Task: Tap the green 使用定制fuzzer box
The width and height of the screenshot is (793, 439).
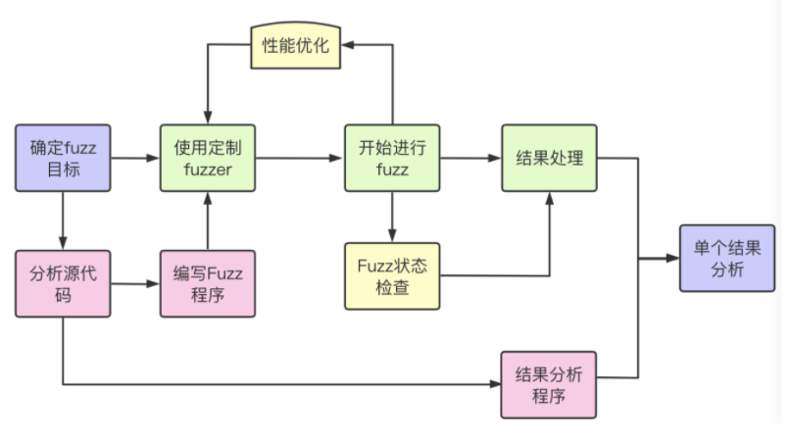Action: [x=208, y=158]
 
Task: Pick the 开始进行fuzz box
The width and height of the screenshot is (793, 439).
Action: [x=392, y=158]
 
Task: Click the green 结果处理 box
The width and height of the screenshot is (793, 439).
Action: [x=549, y=158]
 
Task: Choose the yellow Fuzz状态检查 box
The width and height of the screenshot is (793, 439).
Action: [x=392, y=276]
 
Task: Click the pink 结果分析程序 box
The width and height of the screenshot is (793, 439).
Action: [x=549, y=384]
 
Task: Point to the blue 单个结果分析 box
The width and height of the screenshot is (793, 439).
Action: [x=727, y=258]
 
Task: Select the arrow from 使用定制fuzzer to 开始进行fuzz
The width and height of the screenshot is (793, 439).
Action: [x=300, y=158]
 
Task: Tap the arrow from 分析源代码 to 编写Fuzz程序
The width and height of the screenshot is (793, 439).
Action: [x=135, y=284]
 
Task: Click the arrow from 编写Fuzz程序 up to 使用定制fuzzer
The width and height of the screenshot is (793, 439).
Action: [x=208, y=220]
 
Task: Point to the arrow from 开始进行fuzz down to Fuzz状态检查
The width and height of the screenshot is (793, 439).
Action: [x=392, y=217]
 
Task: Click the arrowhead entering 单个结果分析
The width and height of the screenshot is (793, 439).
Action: [x=672, y=259]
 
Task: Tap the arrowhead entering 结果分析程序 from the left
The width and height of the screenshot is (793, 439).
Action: [x=495, y=384]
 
